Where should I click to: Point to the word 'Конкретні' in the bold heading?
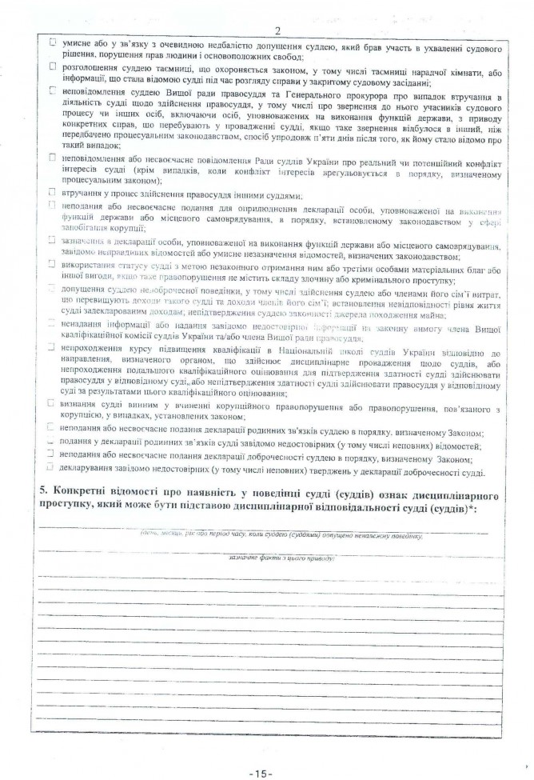pyautogui.click(x=82, y=488)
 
